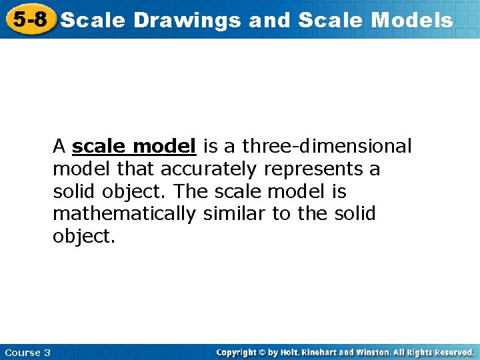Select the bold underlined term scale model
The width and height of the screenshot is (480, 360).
(133, 146)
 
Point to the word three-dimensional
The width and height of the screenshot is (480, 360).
(327, 146)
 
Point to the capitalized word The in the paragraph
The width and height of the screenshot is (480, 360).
(192, 191)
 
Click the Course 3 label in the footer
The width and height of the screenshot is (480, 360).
(27, 352)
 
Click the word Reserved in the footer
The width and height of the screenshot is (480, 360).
(453, 352)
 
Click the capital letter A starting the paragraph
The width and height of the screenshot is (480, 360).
(59, 146)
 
